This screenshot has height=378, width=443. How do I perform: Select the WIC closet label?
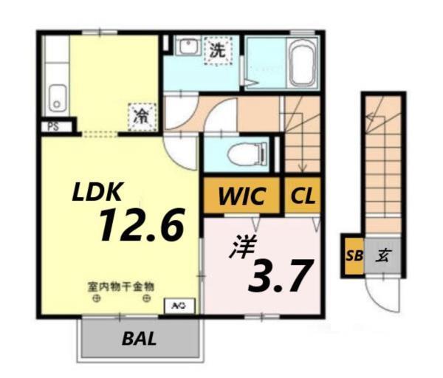(x=241, y=196)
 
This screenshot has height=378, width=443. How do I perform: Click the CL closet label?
(x=302, y=196)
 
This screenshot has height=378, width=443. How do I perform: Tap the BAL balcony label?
(x=139, y=340)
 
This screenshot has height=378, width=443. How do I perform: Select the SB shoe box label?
(x=354, y=256)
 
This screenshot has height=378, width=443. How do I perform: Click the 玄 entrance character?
(x=384, y=256)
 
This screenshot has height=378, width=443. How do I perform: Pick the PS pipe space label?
(x=53, y=127)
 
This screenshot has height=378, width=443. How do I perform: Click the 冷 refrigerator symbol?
(x=140, y=114)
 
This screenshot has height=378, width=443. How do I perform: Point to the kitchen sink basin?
(x=56, y=97)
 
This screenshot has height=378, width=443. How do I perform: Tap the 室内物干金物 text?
(x=122, y=286)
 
